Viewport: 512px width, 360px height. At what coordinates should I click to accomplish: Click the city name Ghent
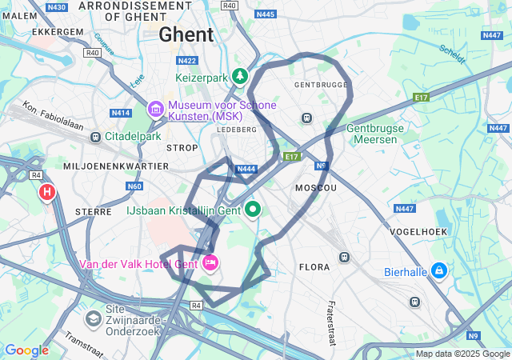click(186, 34)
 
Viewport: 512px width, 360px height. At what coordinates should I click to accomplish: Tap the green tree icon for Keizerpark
click(239, 77)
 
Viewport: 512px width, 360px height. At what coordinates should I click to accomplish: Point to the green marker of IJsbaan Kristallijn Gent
click(254, 210)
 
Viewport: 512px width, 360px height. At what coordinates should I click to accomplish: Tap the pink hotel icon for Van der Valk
click(211, 262)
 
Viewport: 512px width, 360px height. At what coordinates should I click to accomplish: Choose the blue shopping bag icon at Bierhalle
click(438, 271)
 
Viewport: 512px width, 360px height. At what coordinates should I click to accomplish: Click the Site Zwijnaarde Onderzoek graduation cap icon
click(94, 318)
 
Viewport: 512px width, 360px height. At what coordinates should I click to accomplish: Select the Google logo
click(26, 350)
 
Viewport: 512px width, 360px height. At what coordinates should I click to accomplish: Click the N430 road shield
click(56, 7)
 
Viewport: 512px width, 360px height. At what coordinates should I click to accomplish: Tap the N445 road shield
click(265, 14)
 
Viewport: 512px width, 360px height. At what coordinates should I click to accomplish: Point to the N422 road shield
click(187, 60)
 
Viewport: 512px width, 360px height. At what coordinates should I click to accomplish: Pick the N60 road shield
click(134, 186)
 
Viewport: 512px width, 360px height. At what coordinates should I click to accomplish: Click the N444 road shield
click(246, 169)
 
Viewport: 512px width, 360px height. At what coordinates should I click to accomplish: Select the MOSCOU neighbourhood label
click(315, 186)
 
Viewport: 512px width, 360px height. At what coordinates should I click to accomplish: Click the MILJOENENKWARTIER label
click(116, 166)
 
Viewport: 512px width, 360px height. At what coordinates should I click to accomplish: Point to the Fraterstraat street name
click(330, 318)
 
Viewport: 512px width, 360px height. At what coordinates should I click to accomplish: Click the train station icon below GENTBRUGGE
click(306, 118)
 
